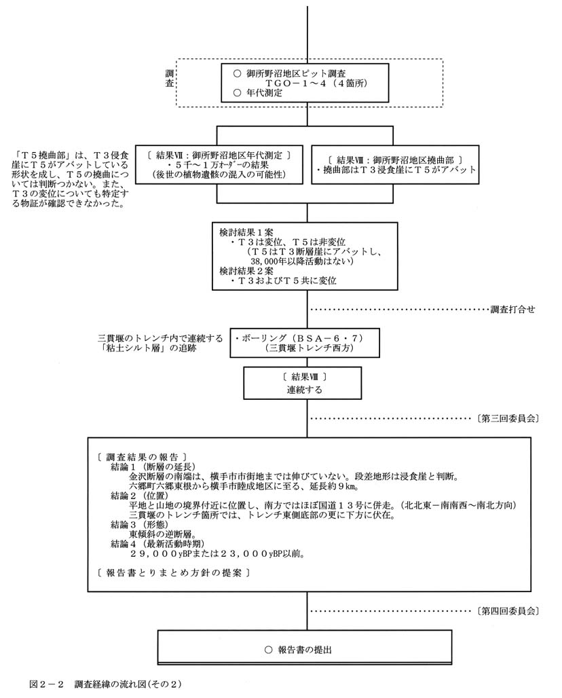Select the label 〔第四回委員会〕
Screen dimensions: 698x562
pyautogui.click(x=508, y=611)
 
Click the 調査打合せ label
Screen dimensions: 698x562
pyautogui.click(x=513, y=310)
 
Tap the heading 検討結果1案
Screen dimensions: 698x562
pyautogui.click(x=246, y=232)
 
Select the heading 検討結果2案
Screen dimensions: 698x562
pyautogui.click(x=246, y=270)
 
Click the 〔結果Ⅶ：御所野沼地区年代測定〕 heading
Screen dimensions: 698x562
pyautogui.click(x=217, y=155)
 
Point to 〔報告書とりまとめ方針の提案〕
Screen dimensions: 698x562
pyautogui.click(x=174, y=572)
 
